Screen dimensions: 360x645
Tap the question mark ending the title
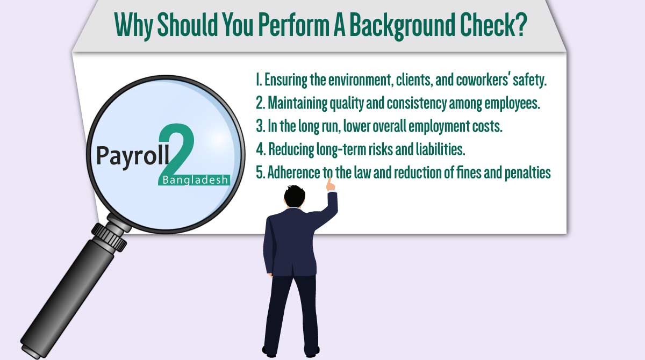coord(519,25)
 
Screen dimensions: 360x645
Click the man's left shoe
coord(271,352)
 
